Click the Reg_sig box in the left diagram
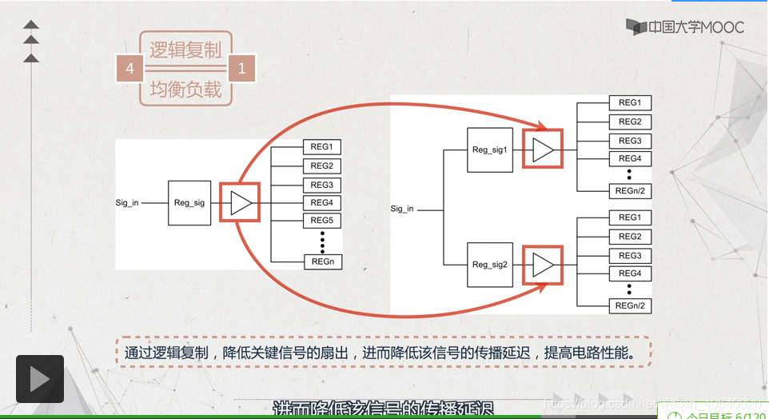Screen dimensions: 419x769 coord(189,203)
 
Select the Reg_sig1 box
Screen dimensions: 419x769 coord(490,150)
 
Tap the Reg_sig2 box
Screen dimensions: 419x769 coord(490,265)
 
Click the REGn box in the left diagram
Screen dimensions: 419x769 coord(322,261)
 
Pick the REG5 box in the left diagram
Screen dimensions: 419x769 coord(322,221)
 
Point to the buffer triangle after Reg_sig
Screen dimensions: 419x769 coord(241,203)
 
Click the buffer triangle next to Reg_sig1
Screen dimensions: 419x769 coord(543,150)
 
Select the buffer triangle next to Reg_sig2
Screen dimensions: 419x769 coord(543,265)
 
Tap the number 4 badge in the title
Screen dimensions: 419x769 coord(129,69)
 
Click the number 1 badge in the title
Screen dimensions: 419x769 coord(242,69)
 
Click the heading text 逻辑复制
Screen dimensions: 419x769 coord(185,50)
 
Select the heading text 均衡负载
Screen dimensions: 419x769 coord(185,89)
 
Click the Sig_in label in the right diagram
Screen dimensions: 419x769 coord(402,209)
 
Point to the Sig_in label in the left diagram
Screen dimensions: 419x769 coord(127,203)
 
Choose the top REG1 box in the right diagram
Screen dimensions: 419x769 coord(630,103)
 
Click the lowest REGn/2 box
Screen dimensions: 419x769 coord(630,306)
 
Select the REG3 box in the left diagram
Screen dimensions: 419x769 coord(322,185)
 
